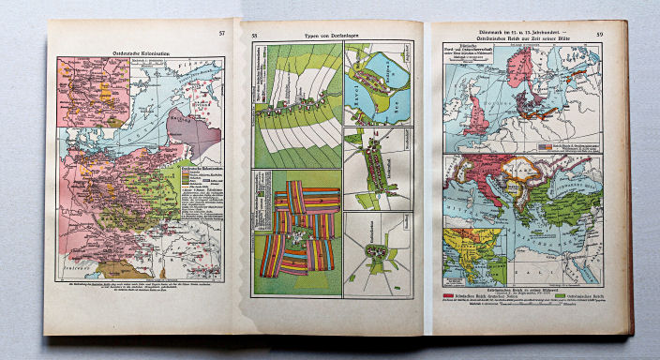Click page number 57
222,34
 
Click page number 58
254,37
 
